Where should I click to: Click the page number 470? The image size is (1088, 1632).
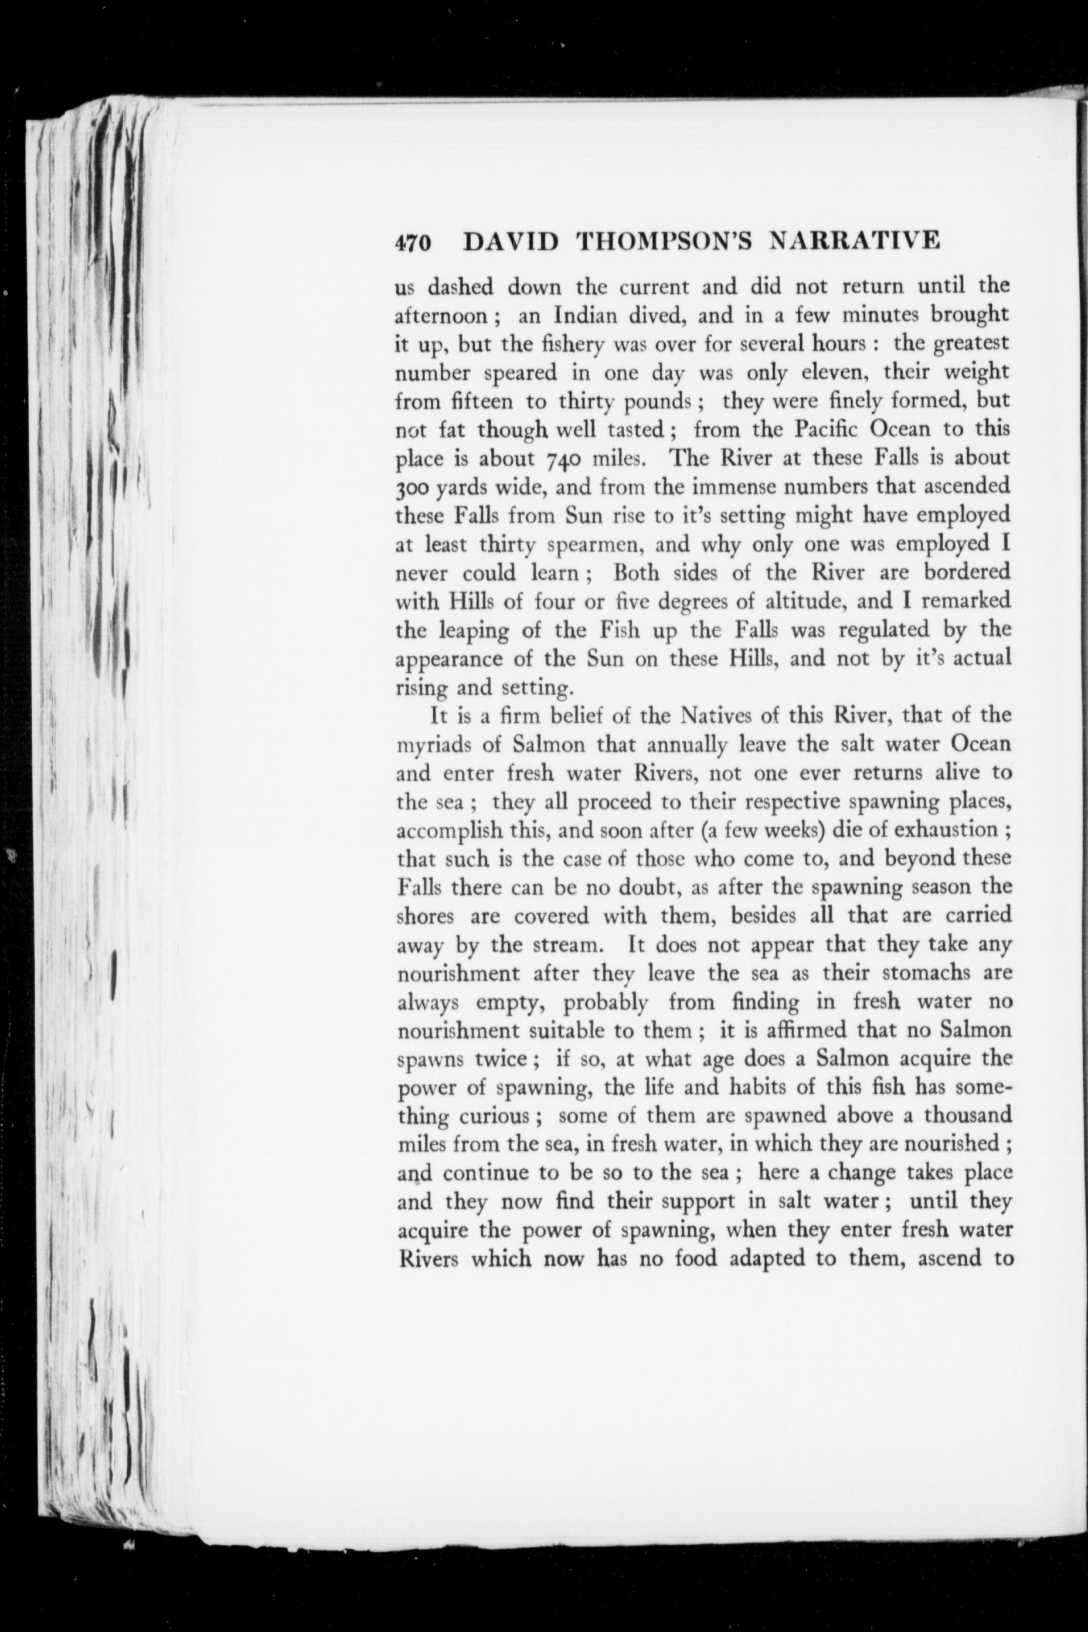coord(413,242)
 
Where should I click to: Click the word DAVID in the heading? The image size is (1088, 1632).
coord(511,241)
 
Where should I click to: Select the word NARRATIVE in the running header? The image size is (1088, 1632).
coord(855,240)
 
